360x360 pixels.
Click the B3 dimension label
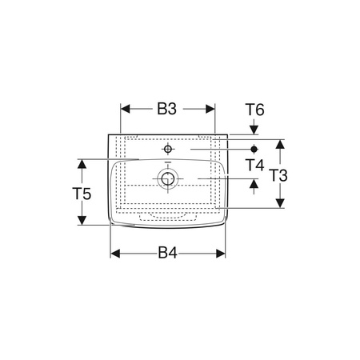pyautogui.click(x=167, y=109)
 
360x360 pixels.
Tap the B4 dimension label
pyautogui.click(x=167, y=253)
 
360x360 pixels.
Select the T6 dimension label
pyautogui.click(x=254, y=110)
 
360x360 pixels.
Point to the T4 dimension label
pyautogui.click(x=254, y=165)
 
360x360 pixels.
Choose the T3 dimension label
pyautogui.click(x=279, y=176)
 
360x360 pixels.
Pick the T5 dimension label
pyautogui.click(x=82, y=194)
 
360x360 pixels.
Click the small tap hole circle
pyautogui.click(x=168, y=149)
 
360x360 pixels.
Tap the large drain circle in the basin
pyautogui.click(x=168, y=178)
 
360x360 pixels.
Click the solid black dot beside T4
pyautogui.click(x=254, y=149)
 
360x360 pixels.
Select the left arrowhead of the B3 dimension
pyautogui.click(x=125, y=109)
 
